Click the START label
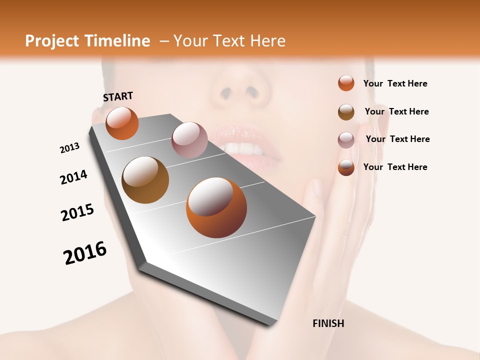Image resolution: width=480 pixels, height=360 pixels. click(x=118, y=96)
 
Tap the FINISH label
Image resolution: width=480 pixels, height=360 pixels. click(x=328, y=323)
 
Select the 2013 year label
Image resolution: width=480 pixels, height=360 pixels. click(x=69, y=148)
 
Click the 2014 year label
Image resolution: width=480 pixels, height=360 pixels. click(x=73, y=177)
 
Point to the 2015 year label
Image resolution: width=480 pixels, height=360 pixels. click(x=77, y=212)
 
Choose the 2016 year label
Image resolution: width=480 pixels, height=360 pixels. click(x=85, y=253)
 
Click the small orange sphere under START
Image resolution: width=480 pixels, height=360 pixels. click(x=122, y=123)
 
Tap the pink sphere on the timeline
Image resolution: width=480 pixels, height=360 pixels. click(x=189, y=140)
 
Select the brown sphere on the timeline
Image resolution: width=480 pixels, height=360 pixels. click(x=145, y=180)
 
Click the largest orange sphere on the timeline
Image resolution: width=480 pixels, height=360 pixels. click(x=216, y=207)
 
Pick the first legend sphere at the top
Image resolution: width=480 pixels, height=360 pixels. click(x=346, y=83)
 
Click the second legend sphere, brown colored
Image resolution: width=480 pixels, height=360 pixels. click(x=346, y=111)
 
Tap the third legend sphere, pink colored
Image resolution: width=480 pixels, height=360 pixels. click(x=346, y=139)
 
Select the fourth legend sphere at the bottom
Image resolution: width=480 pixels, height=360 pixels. click(x=346, y=167)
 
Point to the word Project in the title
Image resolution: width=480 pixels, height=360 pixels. click(x=52, y=41)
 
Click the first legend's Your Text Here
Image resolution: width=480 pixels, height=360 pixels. click(x=395, y=83)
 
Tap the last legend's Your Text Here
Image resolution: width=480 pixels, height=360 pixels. click(x=395, y=167)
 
